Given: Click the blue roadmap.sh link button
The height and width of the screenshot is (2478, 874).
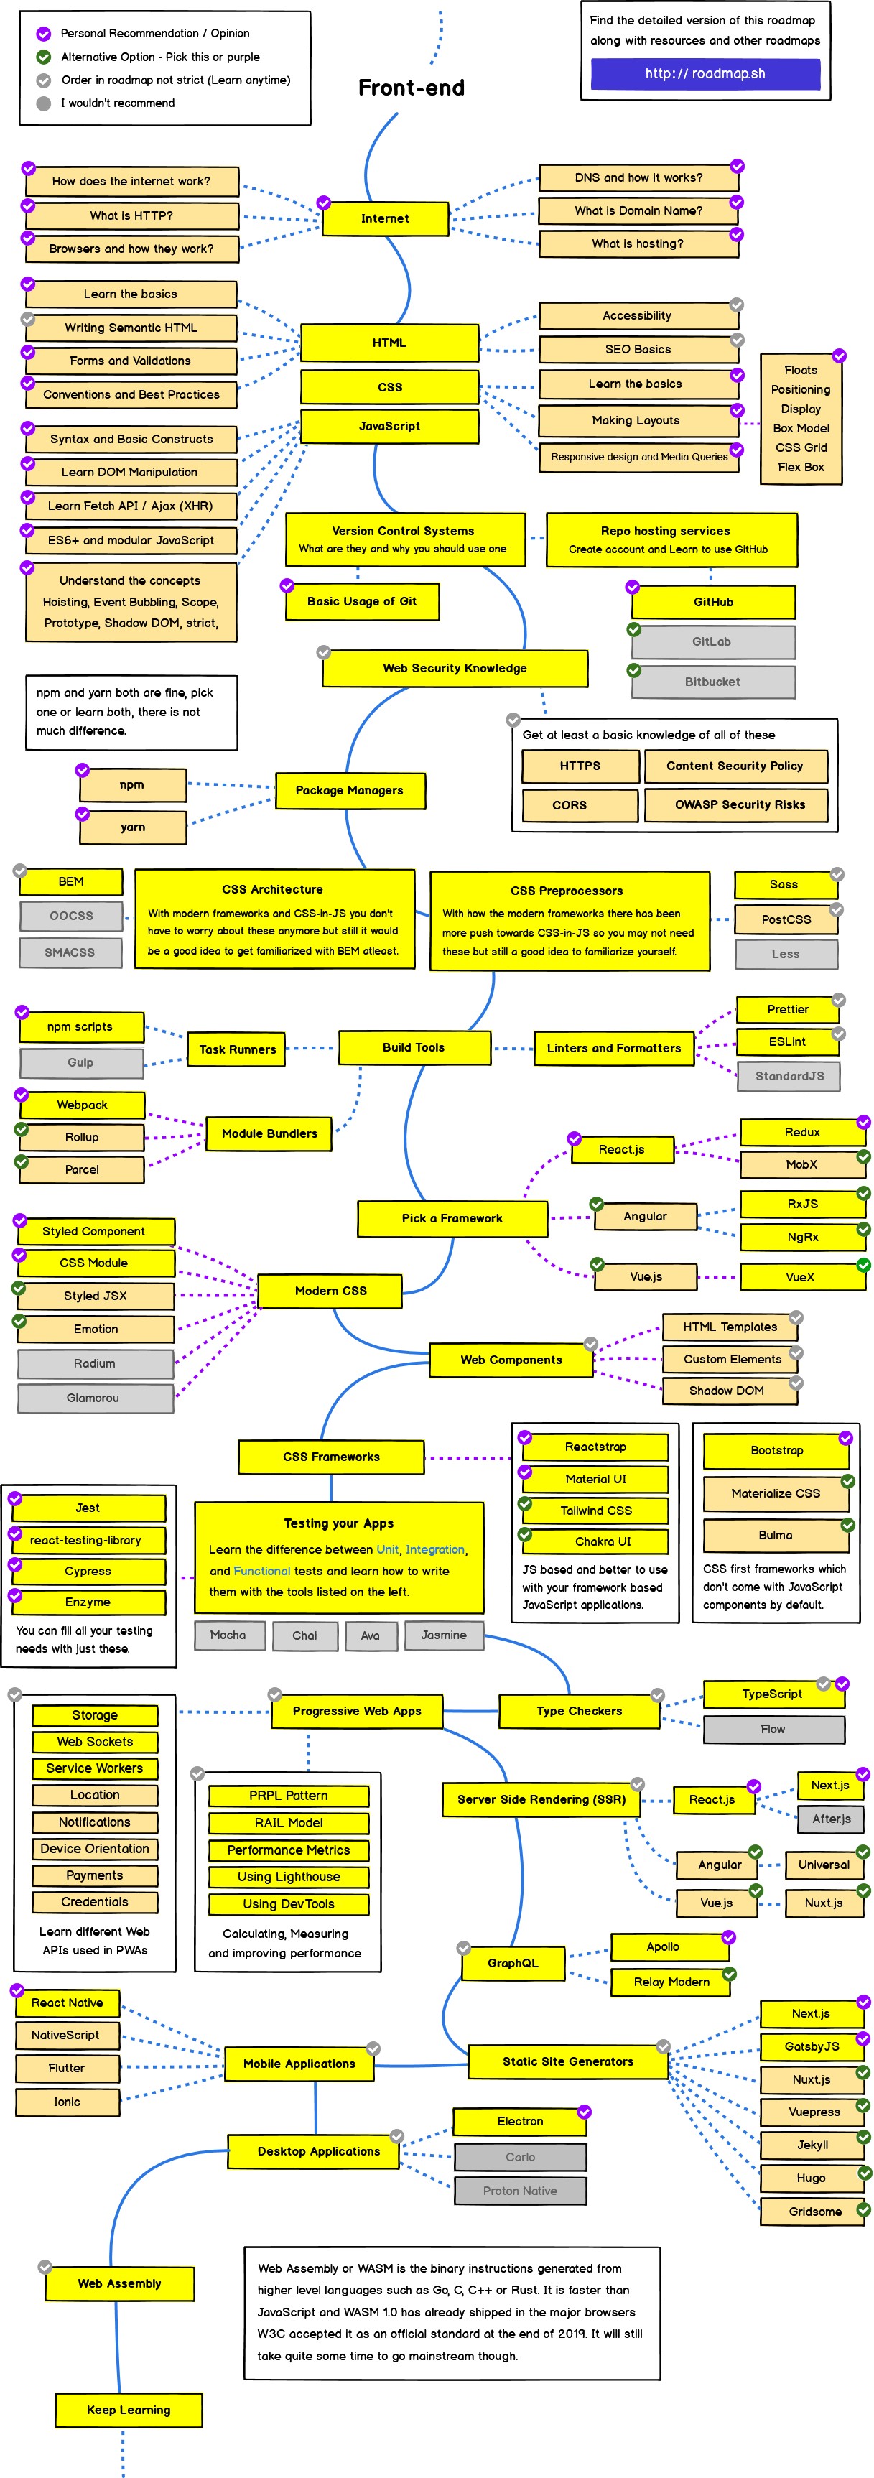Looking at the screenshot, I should tap(705, 74).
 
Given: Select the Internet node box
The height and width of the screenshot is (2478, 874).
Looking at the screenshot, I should tap(385, 218).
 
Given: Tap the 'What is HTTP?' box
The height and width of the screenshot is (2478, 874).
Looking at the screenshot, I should tap(131, 215).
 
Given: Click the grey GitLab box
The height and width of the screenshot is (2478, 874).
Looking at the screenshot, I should tap(712, 641).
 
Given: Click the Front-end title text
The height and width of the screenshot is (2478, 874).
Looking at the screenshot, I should tap(412, 88).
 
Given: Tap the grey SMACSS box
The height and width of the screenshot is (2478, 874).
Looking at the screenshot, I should tap(70, 952).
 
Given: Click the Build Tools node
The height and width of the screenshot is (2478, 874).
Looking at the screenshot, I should tap(414, 1047).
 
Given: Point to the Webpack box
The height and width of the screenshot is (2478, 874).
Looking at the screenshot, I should tap(83, 1105).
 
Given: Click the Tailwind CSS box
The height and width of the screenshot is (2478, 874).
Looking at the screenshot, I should tap(596, 1511).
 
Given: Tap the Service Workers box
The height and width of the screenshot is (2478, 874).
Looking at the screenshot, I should tap(94, 1768).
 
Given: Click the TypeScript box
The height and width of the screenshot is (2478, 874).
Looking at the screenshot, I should tap(771, 1694).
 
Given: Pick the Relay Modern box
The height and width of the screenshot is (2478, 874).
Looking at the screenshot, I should tap(671, 1982).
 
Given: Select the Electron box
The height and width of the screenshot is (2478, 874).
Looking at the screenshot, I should tap(520, 2121).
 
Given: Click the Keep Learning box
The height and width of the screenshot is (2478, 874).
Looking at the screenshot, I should tap(129, 2410).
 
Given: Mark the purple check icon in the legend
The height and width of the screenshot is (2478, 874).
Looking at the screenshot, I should tap(43, 34).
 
